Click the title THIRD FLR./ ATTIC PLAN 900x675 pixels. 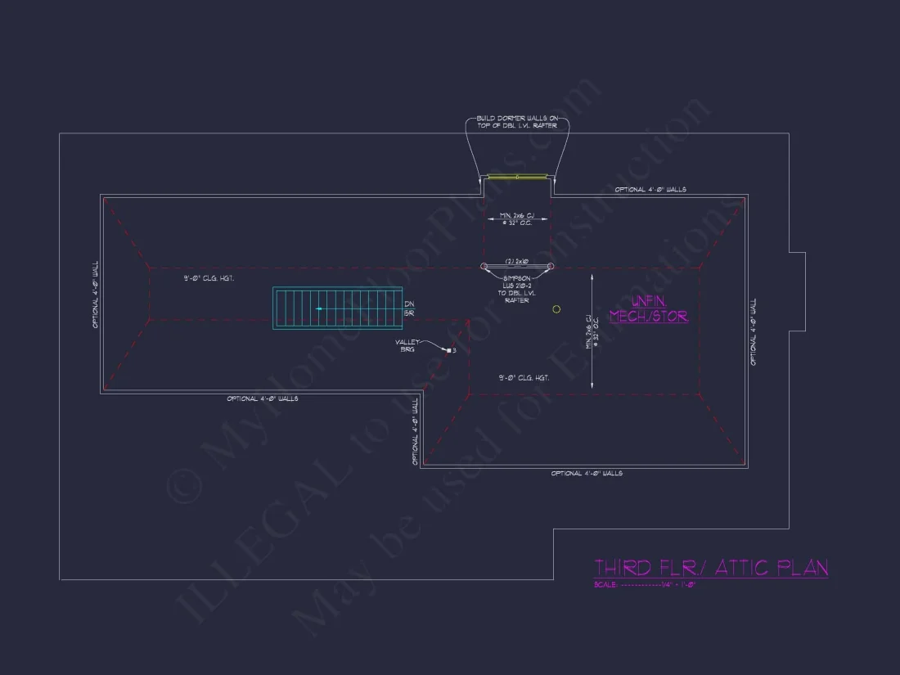pyautogui.click(x=710, y=567)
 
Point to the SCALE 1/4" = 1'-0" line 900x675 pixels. pyautogui.click(x=645, y=585)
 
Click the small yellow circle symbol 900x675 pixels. pyautogui.click(x=556, y=309)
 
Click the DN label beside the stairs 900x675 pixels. pyautogui.click(x=408, y=304)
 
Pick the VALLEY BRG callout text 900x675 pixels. pyautogui.click(x=407, y=345)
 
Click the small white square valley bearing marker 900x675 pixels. pyautogui.click(x=448, y=350)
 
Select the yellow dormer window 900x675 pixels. pyautogui.click(x=517, y=176)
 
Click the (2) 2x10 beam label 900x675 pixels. pyautogui.click(x=517, y=261)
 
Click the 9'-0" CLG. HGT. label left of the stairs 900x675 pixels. pyautogui.click(x=209, y=279)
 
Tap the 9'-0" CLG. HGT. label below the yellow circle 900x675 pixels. pyautogui.click(x=524, y=378)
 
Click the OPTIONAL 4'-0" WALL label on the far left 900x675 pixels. pyautogui.click(x=96, y=295)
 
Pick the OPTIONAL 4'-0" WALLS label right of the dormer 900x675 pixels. pyautogui.click(x=650, y=190)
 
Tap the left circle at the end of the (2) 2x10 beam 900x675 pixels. pyautogui.click(x=484, y=266)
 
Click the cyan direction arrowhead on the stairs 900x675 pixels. pyautogui.click(x=319, y=308)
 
